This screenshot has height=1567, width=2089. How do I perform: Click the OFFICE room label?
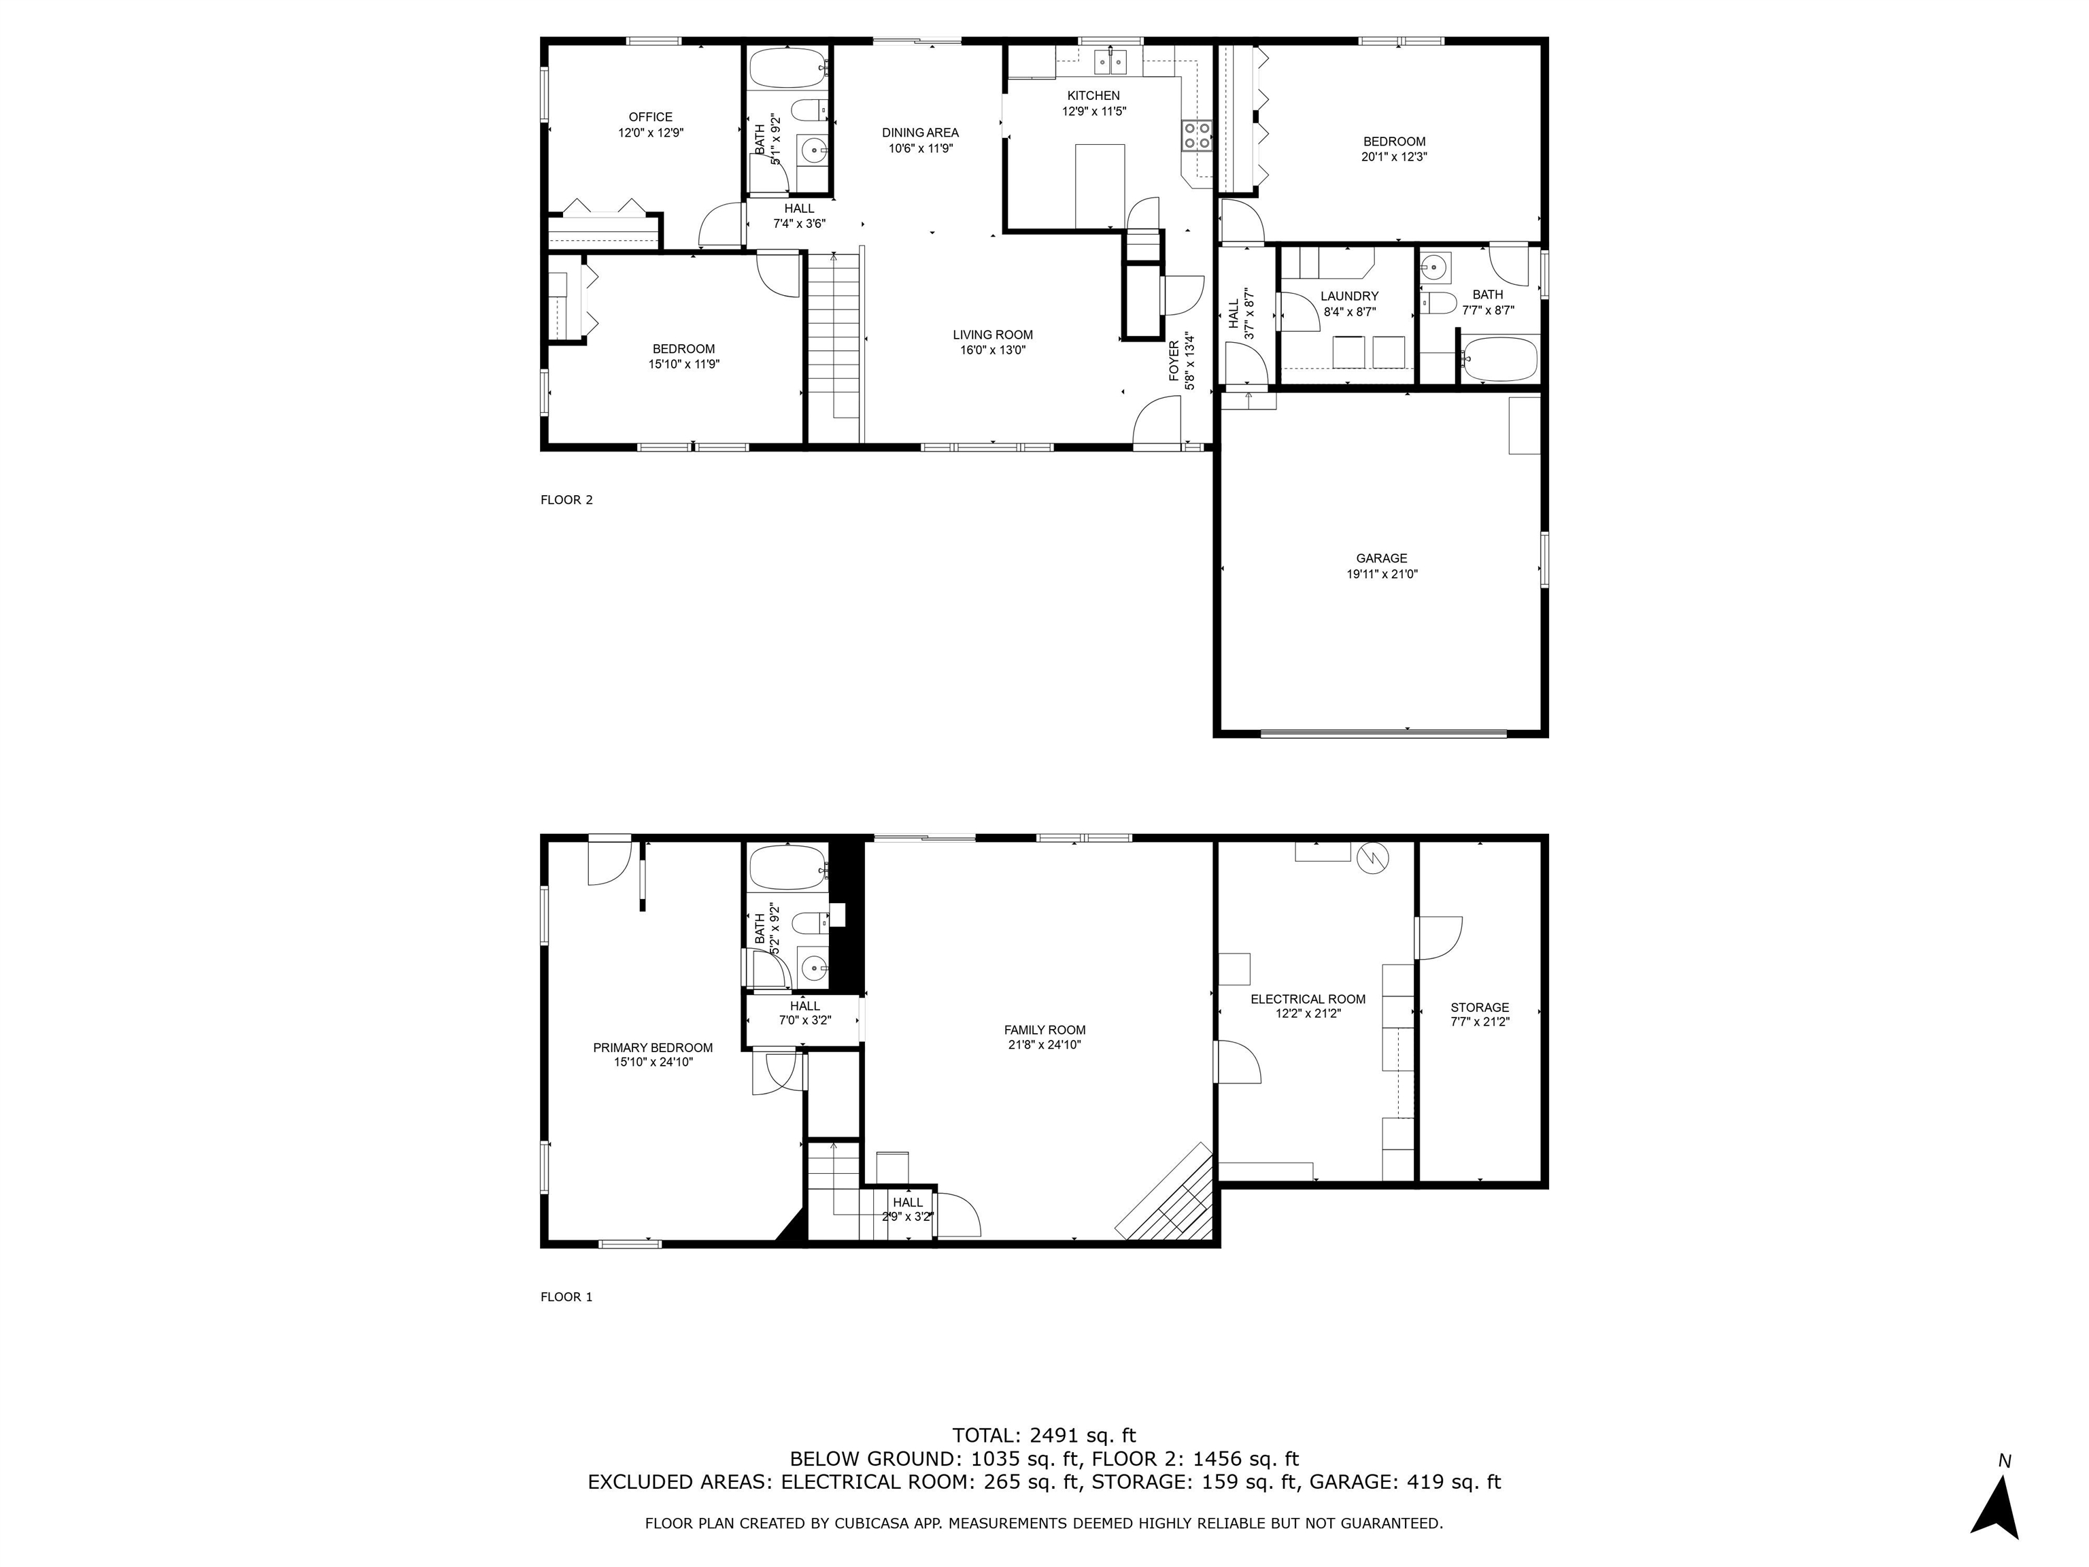(x=651, y=117)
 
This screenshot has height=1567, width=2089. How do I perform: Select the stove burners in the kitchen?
(x=1198, y=136)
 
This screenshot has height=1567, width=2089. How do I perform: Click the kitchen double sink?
(x=1110, y=63)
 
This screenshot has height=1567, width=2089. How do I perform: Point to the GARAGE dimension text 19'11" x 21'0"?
(x=1382, y=573)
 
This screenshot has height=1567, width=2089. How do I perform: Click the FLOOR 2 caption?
(x=566, y=500)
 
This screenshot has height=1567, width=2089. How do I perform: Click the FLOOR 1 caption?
(x=566, y=1297)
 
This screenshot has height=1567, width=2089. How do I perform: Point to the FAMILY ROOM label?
(x=1044, y=1030)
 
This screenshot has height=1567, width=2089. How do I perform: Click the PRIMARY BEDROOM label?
(x=653, y=1047)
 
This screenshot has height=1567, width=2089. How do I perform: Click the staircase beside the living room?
(x=834, y=345)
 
